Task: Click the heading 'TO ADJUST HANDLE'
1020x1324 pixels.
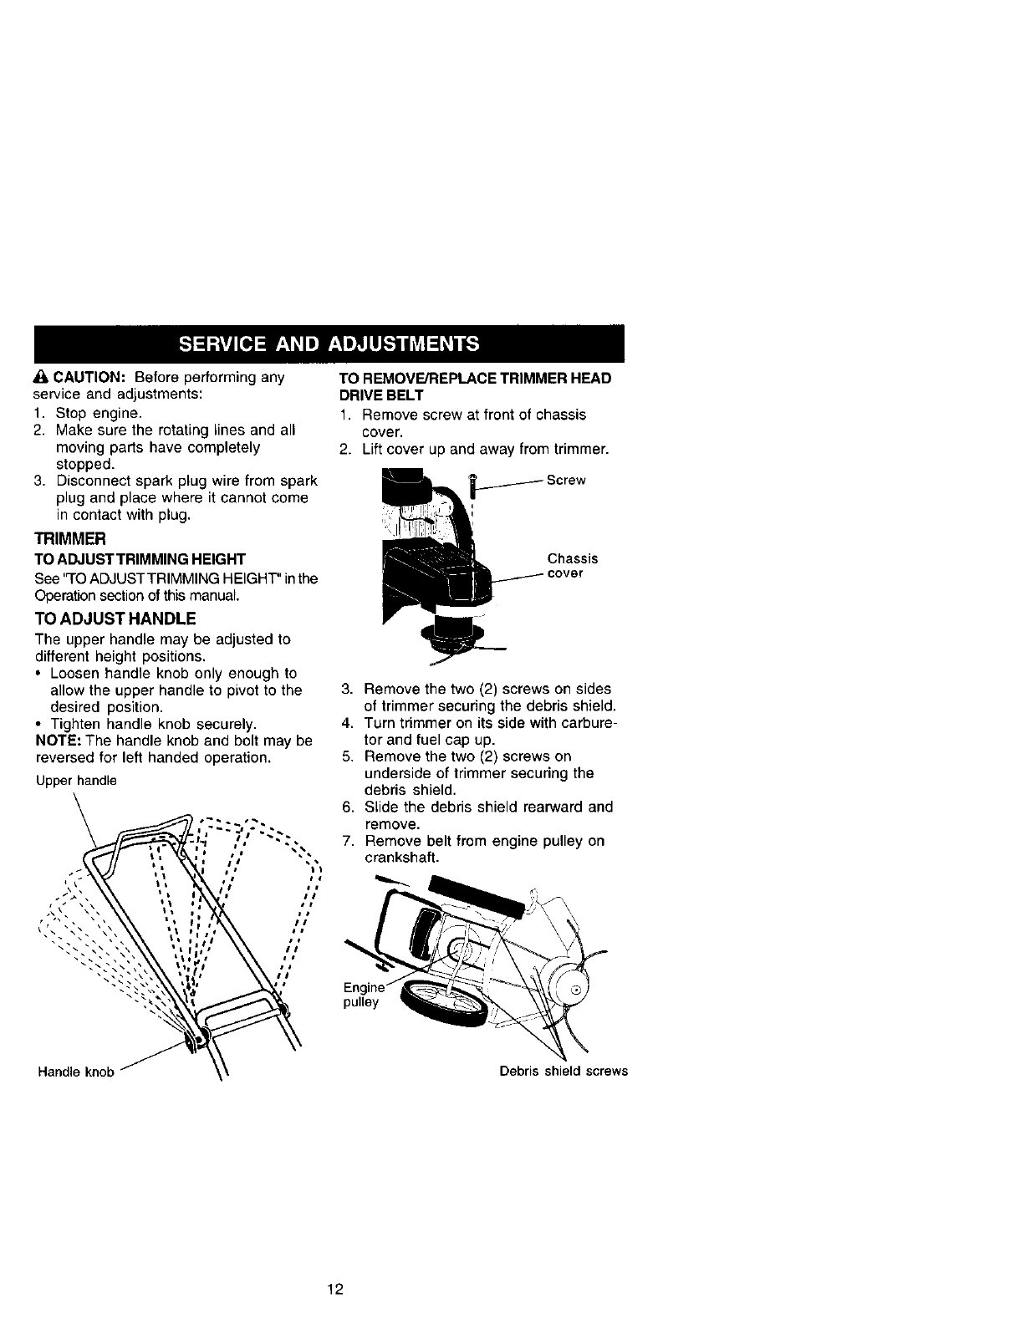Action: [115, 619]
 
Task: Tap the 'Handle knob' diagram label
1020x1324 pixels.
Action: [75, 1072]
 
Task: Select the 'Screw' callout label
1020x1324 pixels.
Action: [566, 480]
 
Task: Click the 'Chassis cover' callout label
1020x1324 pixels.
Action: [572, 566]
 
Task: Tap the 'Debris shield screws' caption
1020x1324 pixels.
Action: [563, 1071]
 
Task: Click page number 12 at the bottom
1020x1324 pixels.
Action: [335, 1288]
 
